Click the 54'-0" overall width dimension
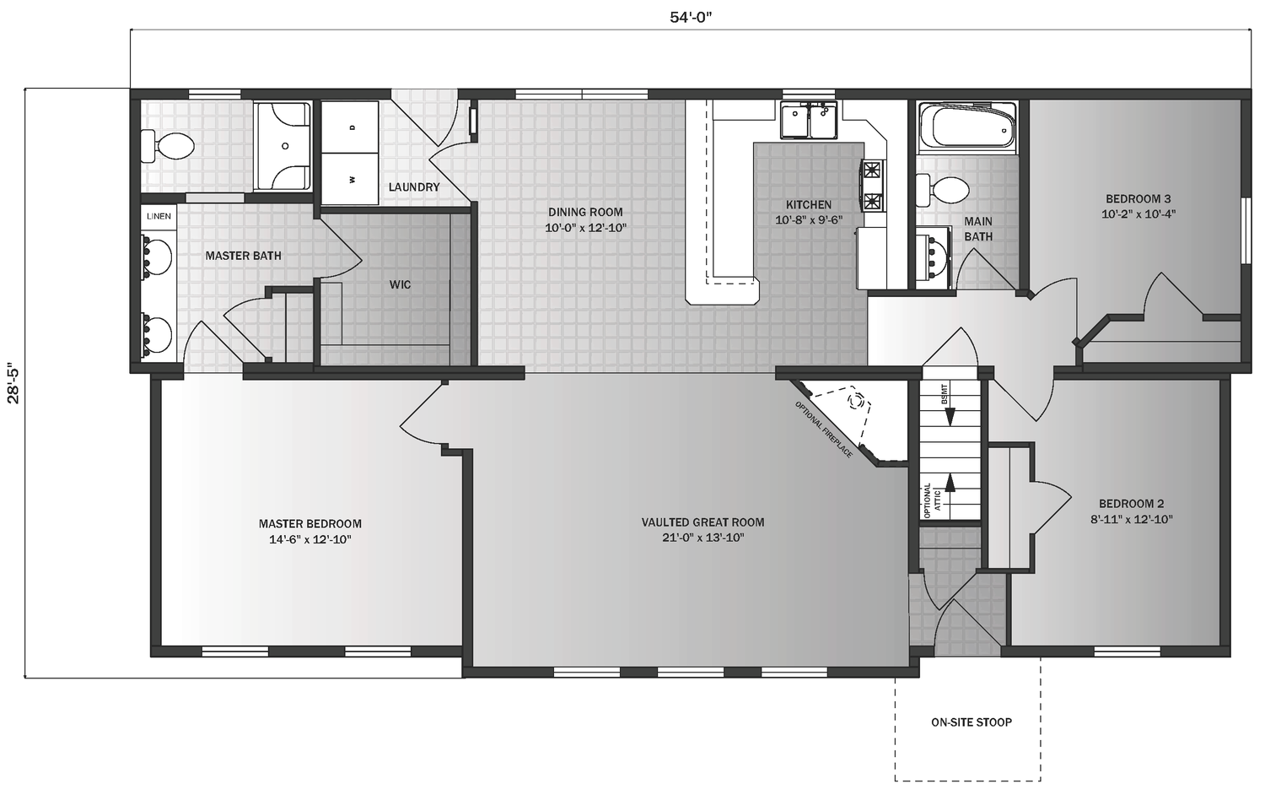pos(692,18)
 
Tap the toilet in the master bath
pos(168,147)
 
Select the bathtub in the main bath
pos(966,125)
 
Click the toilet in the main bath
pos(943,190)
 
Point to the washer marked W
pos(352,179)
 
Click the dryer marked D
pos(352,127)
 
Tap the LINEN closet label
pos(159,216)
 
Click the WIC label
pos(400,284)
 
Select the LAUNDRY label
pos(413,186)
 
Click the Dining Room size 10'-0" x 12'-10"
pos(585,228)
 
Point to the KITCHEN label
pos(808,204)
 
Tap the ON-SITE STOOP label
pos(971,722)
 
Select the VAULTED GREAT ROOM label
pos(702,522)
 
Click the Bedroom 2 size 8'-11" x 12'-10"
pos(1132,520)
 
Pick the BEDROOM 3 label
pos(1138,199)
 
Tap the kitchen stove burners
pos(871,186)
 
